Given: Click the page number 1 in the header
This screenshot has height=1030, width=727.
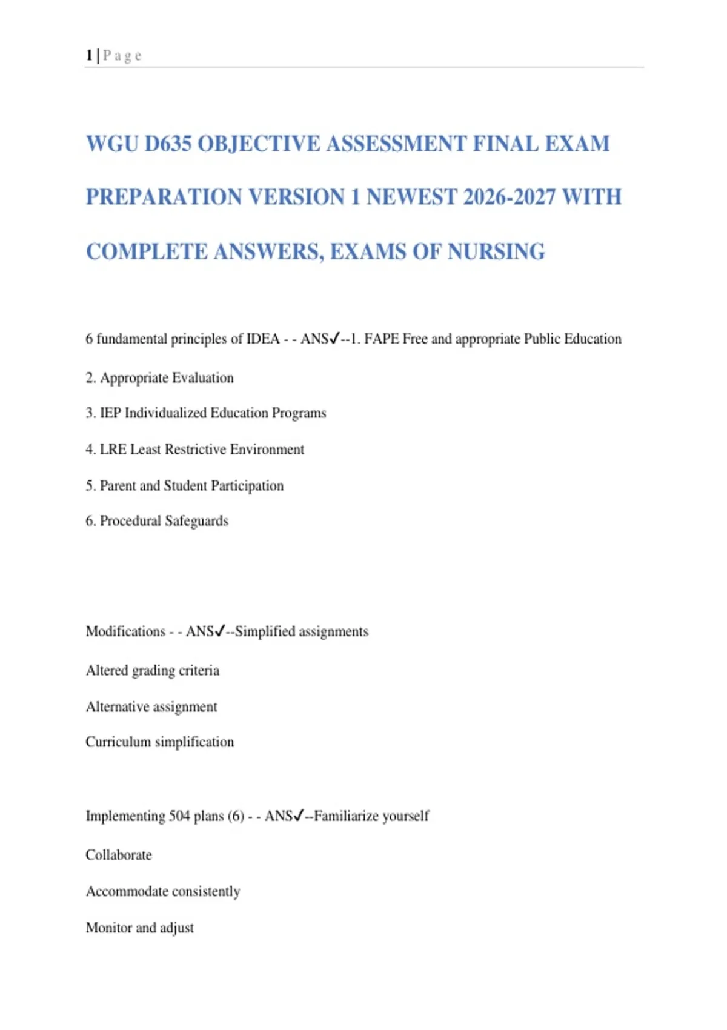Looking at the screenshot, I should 89,56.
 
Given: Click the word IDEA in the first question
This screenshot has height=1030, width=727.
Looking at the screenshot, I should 262,339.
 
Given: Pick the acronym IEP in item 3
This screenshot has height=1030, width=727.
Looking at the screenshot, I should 110,413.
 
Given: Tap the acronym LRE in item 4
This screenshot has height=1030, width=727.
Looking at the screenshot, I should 113,450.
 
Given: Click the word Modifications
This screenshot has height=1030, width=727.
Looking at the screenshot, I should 125,631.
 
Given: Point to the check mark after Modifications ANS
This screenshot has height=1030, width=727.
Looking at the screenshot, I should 220,631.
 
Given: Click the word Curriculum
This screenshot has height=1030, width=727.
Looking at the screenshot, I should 118,742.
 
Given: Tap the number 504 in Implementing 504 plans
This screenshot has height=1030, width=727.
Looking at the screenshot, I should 179,816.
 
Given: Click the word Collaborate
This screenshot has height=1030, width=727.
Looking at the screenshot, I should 119,856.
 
